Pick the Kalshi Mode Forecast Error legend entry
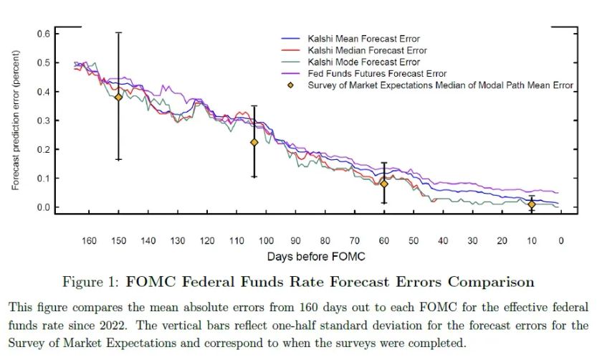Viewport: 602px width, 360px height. pos(363,62)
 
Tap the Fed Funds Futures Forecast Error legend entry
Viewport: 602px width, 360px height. pos(377,73)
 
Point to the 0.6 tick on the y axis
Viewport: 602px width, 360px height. pos(42,34)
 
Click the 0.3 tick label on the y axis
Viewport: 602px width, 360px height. pos(42,120)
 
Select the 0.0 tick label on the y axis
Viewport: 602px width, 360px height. pos(42,207)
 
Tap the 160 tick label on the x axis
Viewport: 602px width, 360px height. pos(89,240)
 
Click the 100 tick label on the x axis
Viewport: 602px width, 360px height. pos(266,240)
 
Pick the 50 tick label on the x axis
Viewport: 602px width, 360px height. pos(414,240)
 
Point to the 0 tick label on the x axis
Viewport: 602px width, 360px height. pos(561,240)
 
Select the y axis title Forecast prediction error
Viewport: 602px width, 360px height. pos(15,125)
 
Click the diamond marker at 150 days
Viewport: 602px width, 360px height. pos(119,97)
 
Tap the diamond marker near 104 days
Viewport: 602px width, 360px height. pos(254,142)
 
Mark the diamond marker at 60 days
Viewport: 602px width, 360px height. pos(384,184)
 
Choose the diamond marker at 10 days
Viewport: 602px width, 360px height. pos(531,204)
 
